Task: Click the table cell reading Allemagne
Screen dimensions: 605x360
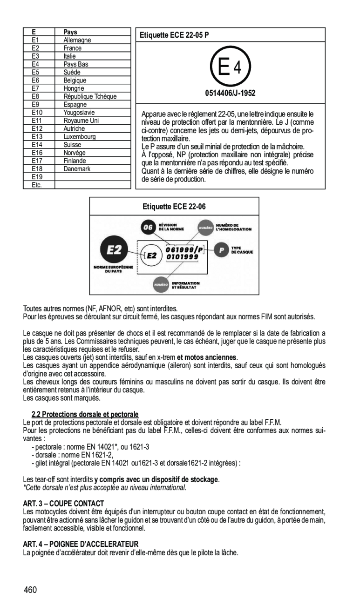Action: pos(77,40)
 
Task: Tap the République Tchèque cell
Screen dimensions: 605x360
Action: pos(90,96)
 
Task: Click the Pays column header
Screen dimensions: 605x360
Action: pos(70,32)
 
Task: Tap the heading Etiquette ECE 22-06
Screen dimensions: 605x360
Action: pos(174,207)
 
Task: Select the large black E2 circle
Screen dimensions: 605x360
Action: pos(115,250)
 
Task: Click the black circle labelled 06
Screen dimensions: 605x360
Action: pos(148,227)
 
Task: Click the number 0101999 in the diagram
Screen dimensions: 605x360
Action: pos(183,257)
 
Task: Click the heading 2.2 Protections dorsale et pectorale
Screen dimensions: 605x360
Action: pos(85,414)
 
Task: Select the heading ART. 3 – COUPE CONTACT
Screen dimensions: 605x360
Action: pos(63,504)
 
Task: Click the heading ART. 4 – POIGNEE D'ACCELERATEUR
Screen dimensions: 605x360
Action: pos(81,544)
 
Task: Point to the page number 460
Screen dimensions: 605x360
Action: pos(31,590)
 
